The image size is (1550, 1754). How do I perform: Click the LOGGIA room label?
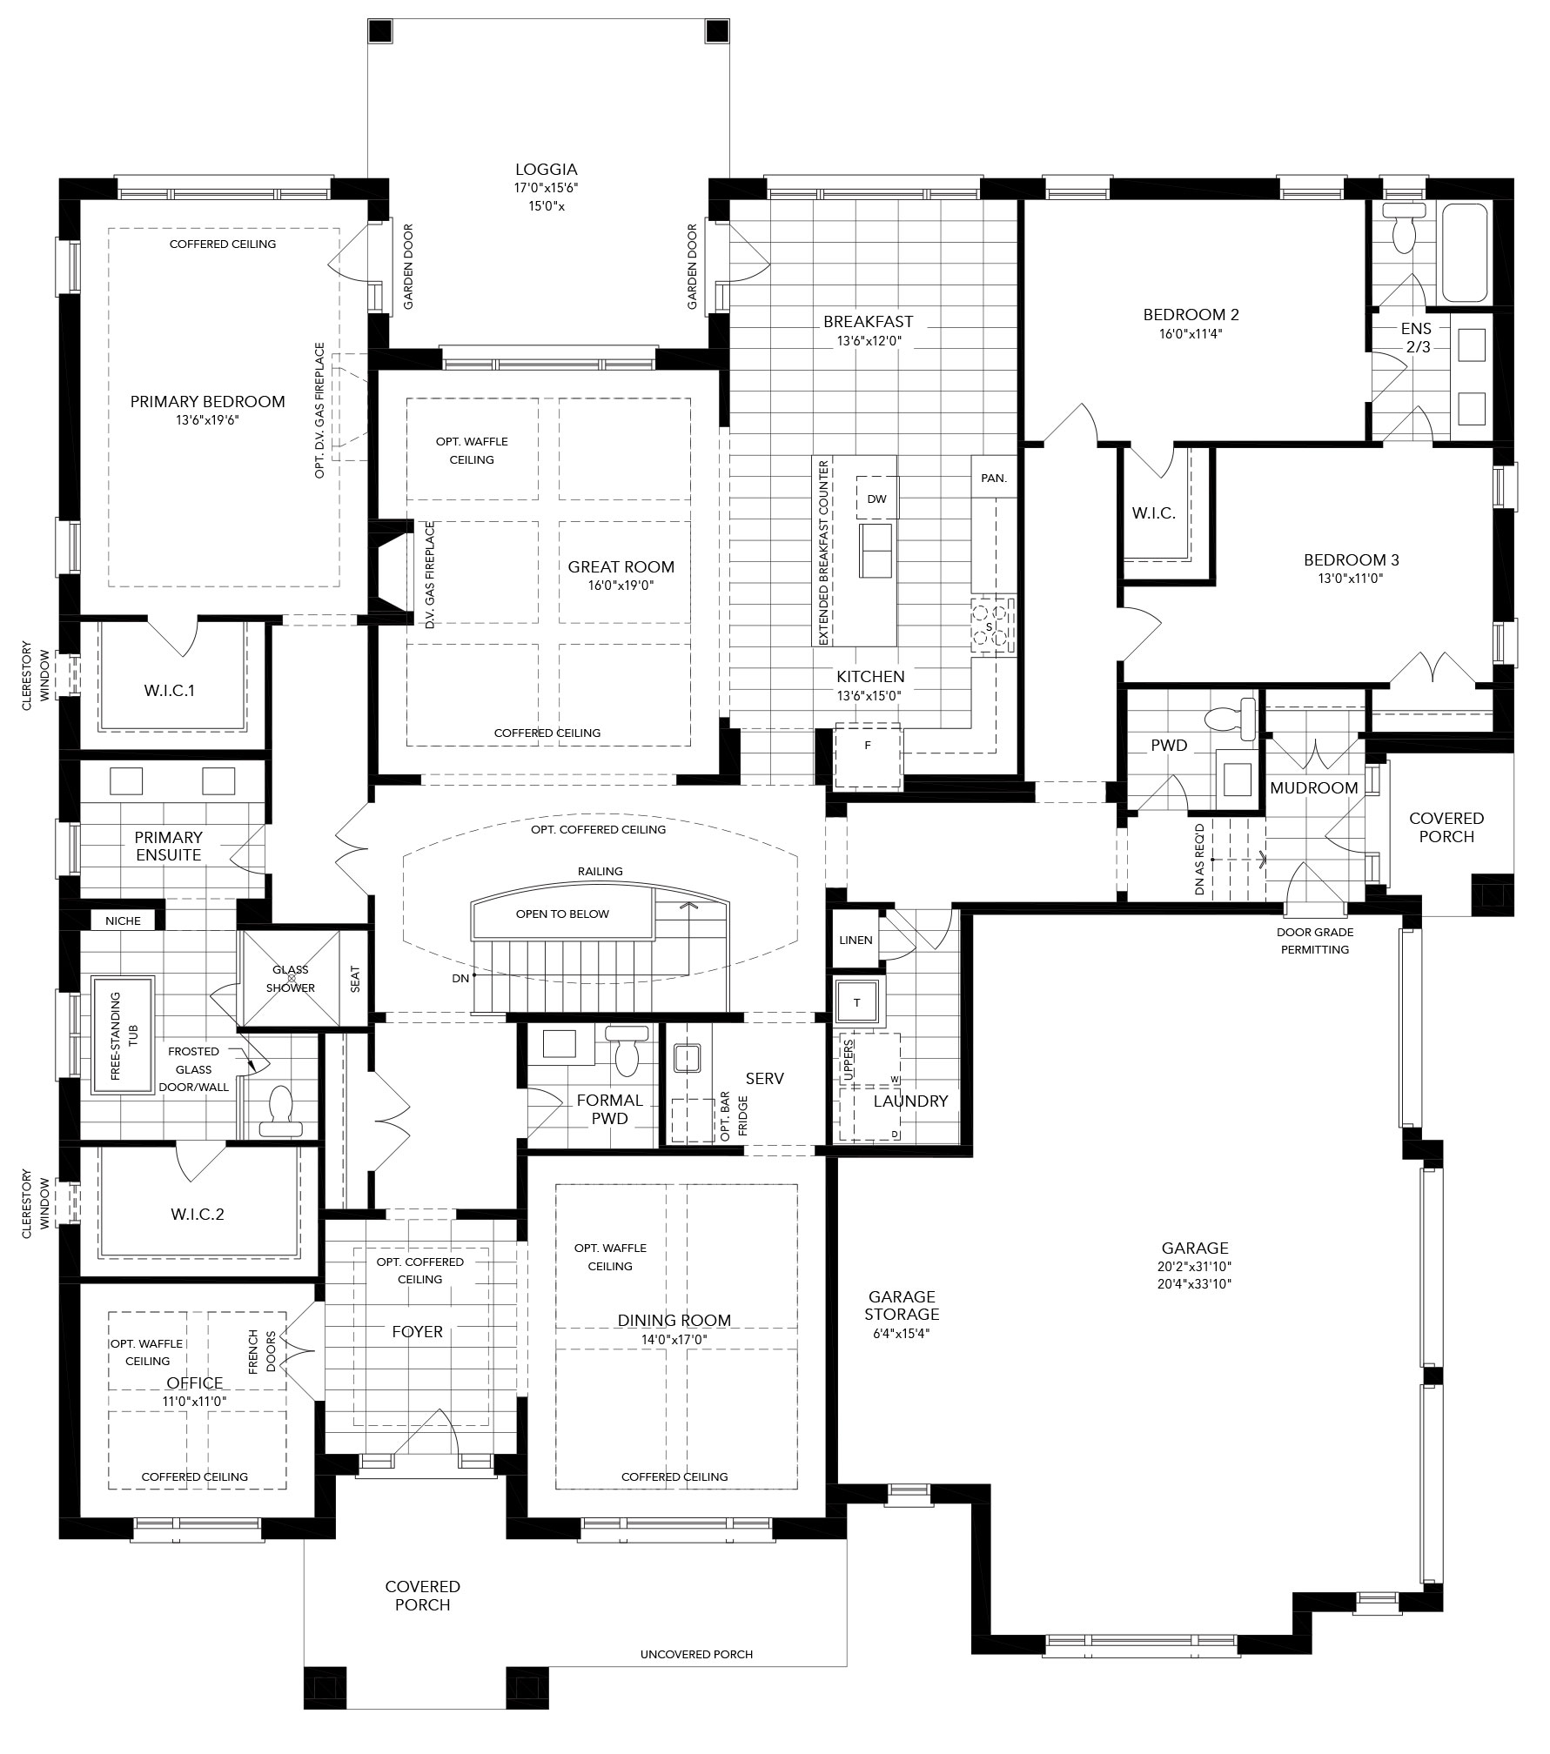click(x=546, y=170)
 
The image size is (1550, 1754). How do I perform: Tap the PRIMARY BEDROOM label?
click(x=207, y=402)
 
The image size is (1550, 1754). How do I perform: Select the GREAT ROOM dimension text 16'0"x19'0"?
click(x=621, y=586)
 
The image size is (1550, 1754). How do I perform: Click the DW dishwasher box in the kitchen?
click(x=877, y=499)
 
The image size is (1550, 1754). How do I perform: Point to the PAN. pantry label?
click(x=994, y=478)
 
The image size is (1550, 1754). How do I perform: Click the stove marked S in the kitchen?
click(x=993, y=626)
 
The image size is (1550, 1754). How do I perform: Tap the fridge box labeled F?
click(x=868, y=746)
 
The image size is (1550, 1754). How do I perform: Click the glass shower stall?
click(x=292, y=978)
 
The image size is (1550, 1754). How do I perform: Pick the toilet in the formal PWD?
click(x=627, y=1050)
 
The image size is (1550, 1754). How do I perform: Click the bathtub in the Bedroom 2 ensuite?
click(x=1465, y=252)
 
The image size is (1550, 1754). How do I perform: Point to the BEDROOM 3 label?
click(x=1351, y=560)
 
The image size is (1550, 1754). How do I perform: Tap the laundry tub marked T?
click(x=857, y=1002)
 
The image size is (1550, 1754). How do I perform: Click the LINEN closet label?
click(x=856, y=941)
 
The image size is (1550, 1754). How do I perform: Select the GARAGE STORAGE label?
click(x=902, y=1305)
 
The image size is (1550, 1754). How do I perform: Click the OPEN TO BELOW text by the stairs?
click(x=562, y=914)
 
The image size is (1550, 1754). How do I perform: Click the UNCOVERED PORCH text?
click(x=696, y=1678)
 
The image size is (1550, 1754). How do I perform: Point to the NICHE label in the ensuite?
click(x=123, y=921)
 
